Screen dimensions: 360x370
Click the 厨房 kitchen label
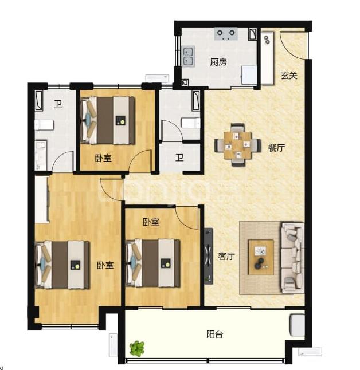point(218,62)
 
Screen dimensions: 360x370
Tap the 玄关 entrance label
point(289,76)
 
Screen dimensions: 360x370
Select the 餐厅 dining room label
point(276,148)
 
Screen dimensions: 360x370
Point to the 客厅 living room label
point(226,256)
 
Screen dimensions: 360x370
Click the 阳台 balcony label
point(214,334)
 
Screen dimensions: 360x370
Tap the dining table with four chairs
point(238,145)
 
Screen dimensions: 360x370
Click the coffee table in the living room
point(261,257)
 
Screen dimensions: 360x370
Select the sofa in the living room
point(292,258)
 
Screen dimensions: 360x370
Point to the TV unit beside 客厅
point(208,256)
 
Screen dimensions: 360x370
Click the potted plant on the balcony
point(137,349)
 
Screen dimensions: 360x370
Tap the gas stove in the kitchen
point(226,34)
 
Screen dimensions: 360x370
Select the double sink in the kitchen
point(189,56)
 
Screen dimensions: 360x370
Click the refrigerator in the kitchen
point(249,74)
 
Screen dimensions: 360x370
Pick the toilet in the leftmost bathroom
point(44,125)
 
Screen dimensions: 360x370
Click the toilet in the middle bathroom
point(191,123)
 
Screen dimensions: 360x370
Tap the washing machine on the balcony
point(297,325)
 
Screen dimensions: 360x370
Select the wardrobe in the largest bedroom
point(42,200)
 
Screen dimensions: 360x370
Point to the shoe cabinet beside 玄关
point(267,58)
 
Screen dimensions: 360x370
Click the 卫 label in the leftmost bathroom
point(58,103)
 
